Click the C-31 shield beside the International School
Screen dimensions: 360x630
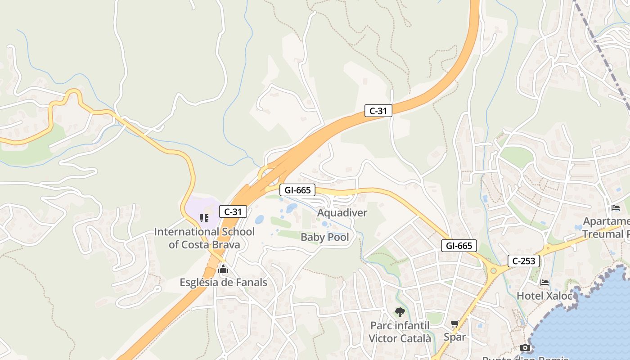233,211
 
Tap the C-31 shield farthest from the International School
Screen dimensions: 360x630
378,111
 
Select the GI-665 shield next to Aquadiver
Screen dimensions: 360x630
297,190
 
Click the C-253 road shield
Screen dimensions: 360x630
524,261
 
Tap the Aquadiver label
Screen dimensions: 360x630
342,212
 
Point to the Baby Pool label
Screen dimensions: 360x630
324,237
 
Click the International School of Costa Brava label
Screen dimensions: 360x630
204,238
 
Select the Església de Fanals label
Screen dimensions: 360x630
223,283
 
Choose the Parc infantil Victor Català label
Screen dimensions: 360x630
400,332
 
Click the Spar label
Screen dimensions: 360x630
454,337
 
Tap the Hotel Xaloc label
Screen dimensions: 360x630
544,296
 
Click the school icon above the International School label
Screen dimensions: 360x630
204,218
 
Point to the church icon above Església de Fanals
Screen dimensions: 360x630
223,270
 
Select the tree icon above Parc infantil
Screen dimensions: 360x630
400,312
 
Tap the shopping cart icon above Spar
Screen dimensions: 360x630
454,324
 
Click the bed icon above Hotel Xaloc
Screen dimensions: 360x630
544,283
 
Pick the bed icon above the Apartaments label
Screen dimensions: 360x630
616,208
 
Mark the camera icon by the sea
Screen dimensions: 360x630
525,347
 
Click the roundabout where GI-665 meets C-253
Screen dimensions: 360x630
493,270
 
